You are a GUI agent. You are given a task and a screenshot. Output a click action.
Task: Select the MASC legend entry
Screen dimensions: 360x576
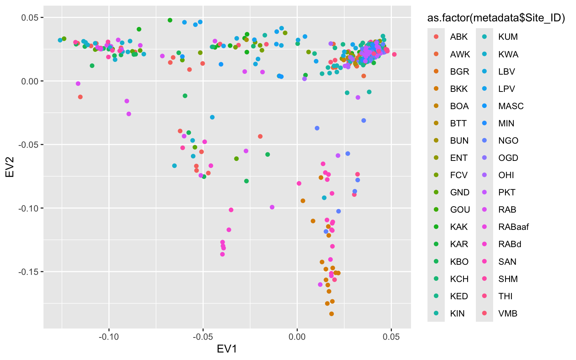coord(511,106)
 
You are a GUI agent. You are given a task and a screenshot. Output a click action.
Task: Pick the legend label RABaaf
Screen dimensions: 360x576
coord(513,227)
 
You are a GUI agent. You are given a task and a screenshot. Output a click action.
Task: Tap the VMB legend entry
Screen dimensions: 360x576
coord(508,313)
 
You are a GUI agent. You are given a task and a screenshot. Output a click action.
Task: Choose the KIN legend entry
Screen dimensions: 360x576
coord(457,313)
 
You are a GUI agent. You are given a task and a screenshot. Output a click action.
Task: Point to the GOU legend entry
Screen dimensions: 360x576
coord(460,210)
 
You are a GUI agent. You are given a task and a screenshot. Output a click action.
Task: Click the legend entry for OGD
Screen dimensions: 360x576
coord(508,158)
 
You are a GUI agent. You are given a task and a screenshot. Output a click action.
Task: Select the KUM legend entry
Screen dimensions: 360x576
coord(508,37)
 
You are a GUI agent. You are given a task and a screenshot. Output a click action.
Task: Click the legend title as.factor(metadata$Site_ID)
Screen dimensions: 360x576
coord(496,18)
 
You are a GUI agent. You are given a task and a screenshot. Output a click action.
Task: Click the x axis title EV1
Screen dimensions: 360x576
coord(227,349)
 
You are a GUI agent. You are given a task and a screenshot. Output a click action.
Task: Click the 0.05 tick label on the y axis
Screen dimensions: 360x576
coord(31,18)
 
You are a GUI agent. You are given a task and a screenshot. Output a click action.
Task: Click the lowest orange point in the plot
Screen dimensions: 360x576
coord(331,314)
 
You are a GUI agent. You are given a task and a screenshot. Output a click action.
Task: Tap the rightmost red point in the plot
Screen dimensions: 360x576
coord(394,54)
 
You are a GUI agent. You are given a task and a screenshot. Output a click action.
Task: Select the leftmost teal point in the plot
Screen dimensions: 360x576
coord(60,40)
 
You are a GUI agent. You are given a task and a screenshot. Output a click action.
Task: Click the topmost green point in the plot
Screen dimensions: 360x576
coord(170,20)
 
